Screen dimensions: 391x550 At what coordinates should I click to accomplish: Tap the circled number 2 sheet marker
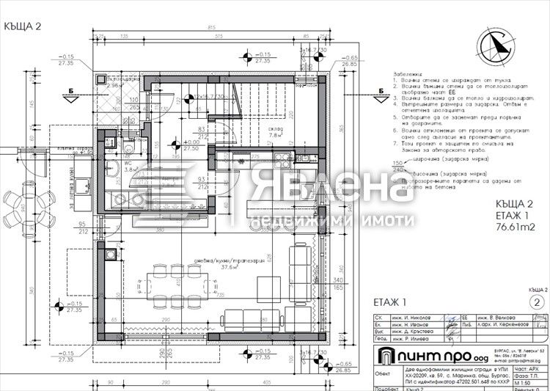click(x=538, y=302)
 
